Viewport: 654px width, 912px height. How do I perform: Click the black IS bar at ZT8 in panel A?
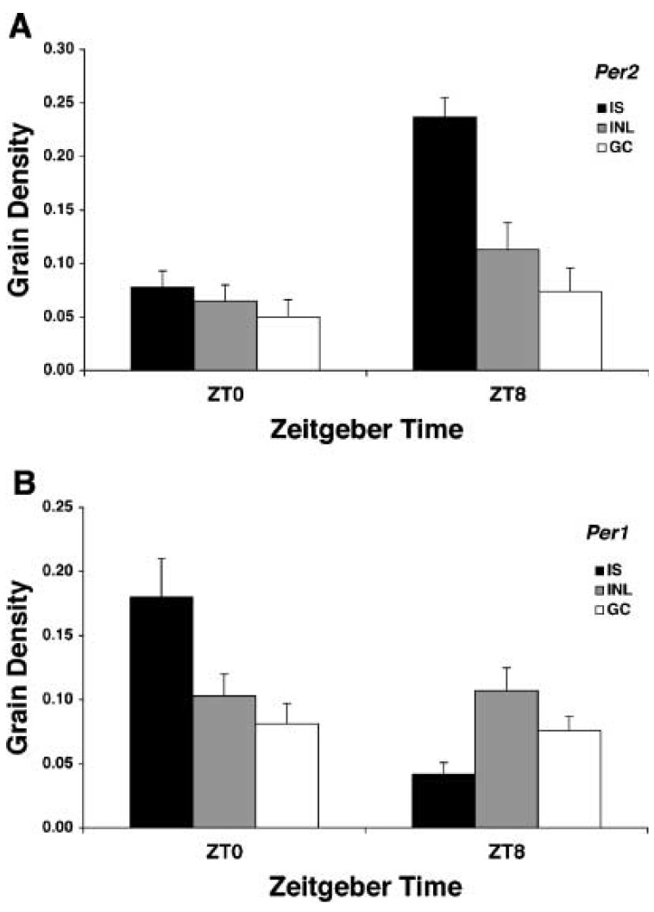pyautogui.click(x=444, y=243)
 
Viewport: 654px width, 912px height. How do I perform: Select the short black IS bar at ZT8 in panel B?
pyautogui.click(x=444, y=801)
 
